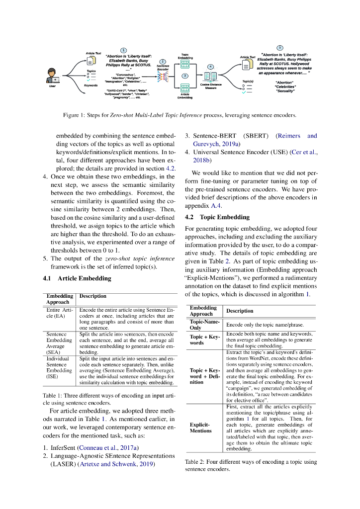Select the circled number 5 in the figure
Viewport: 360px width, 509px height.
(x=279, y=47)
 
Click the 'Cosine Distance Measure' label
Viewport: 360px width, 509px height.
(x=211, y=86)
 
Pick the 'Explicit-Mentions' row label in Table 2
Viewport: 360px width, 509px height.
(x=201, y=428)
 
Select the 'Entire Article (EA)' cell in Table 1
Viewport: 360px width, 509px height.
(x=60, y=314)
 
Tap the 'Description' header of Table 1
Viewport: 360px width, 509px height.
(x=93, y=296)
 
